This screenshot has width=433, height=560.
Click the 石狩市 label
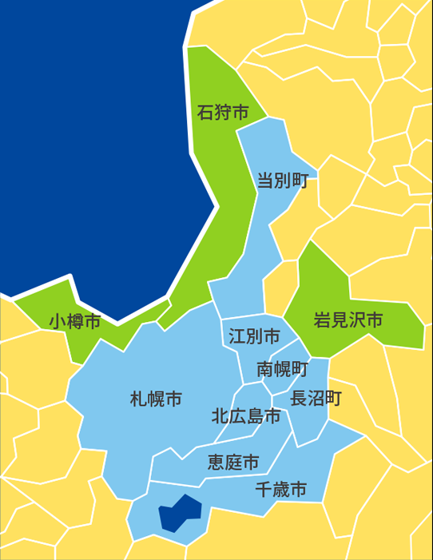[x=222, y=113]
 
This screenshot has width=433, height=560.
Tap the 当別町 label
[x=283, y=180]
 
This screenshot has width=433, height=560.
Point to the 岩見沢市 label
[x=348, y=321]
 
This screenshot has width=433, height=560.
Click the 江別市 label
[x=254, y=336]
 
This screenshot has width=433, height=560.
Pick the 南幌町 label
[x=282, y=369]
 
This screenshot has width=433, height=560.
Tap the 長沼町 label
[x=316, y=399]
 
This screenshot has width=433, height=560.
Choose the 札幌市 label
[x=155, y=399]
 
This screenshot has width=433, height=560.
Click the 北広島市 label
[x=246, y=416]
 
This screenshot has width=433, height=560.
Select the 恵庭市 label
[x=233, y=463]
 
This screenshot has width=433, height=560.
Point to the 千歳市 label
[x=280, y=490]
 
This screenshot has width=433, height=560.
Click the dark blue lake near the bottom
[x=179, y=513]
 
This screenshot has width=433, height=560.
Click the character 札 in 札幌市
[x=137, y=399]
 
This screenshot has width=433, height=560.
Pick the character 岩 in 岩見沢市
[x=321, y=321]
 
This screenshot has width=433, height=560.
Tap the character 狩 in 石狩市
[x=222, y=113]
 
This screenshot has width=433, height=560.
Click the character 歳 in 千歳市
[x=280, y=490]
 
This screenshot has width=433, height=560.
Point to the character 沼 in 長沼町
[x=316, y=399]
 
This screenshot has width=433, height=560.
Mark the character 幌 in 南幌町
[x=282, y=369]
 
